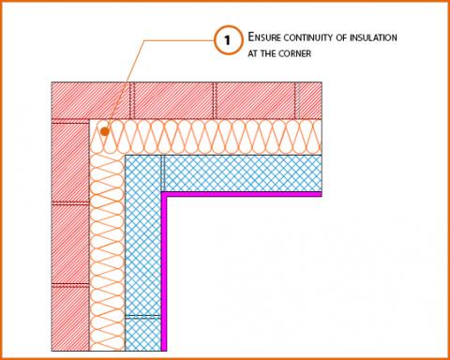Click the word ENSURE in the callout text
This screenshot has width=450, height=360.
click(264, 37)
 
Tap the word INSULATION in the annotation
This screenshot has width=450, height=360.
click(374, 37)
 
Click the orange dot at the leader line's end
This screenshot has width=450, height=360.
click(105, 132)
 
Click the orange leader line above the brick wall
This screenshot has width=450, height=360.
click(141, 56)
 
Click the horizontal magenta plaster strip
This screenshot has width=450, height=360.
click(244, 194)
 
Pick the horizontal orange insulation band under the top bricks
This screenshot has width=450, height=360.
click(216, 137)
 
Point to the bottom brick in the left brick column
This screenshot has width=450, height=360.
click(70, 319)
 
